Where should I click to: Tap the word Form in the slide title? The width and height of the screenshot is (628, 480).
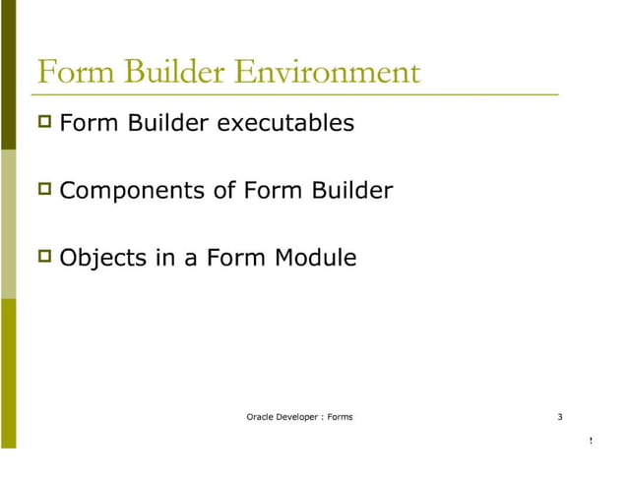(71, 73)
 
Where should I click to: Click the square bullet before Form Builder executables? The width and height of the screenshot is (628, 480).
(44, 123)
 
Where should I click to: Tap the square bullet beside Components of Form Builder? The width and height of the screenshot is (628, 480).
(44, 189)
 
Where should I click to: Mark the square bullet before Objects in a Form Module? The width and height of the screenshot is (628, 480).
(44, 257)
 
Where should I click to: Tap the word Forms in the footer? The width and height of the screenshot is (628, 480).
(340, 418)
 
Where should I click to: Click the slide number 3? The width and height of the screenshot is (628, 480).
(559, 418)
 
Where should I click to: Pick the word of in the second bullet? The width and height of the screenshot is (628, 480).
(223, 191)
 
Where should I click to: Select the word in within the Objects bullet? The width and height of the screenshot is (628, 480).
(158, 259)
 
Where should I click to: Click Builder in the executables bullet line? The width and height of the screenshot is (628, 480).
(162, 124)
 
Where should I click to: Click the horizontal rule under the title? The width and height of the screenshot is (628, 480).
(295, 93)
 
